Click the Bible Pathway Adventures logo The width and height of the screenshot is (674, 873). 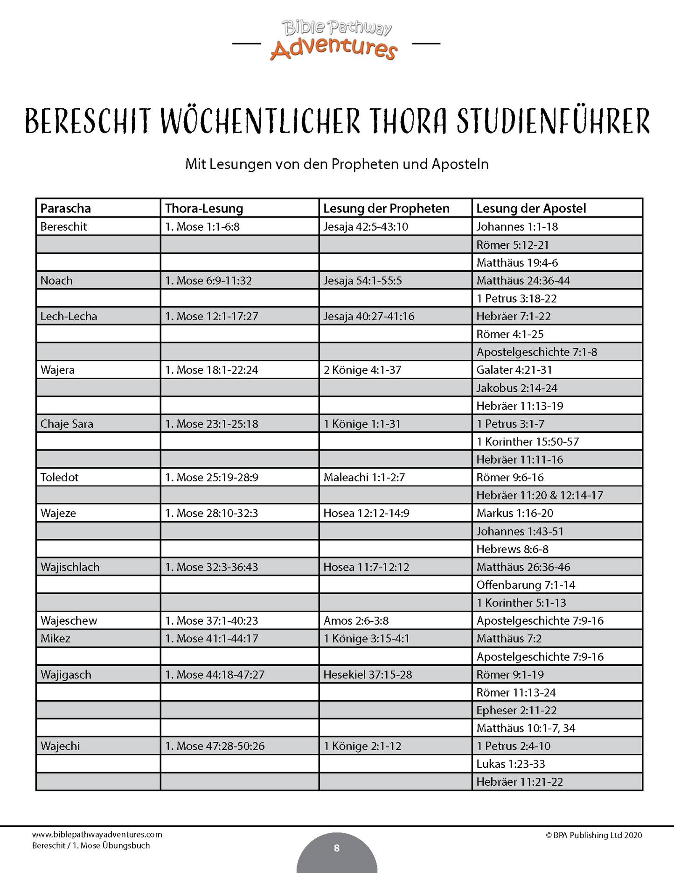pyautogui.click(x=336, y=41)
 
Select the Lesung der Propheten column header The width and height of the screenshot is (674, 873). pyautogui.click(x=386, y=208)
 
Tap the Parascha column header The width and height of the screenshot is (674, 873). pyautogui.click(x=66, y=208)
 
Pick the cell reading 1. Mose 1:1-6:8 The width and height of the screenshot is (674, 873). pyautogui.click(x=202, y=226)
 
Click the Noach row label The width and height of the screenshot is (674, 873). pyautogui.click(x=56, y=281)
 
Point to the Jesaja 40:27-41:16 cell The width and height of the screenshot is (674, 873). pyautogui.click(x=369, y=317)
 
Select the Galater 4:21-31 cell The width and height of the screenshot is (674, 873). pyautogui.click(x=514, y=370)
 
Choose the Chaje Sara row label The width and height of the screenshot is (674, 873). pyautogui.click(x=67, y=424)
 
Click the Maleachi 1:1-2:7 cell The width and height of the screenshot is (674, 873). pyautogui.click(x=364, y=478)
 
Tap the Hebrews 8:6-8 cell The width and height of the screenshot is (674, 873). pyautogui.click(x=512, y=549)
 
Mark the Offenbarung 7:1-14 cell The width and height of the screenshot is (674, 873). pyautogui.click(x=526, y=585)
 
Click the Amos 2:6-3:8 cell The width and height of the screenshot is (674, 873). pyautogui.click(x=356, y=621)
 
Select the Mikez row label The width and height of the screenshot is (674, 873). pyautogui.click(x=56, y=639)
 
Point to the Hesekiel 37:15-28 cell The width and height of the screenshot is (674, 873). pyautogui.click(x=368, y=675)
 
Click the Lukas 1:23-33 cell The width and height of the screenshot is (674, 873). pyautogui.click(x=511, y=764)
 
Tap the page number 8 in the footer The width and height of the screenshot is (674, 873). pyautogui.click(x=337, y=848)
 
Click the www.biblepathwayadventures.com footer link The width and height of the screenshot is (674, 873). pyautogui.click(x=97, y=835)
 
